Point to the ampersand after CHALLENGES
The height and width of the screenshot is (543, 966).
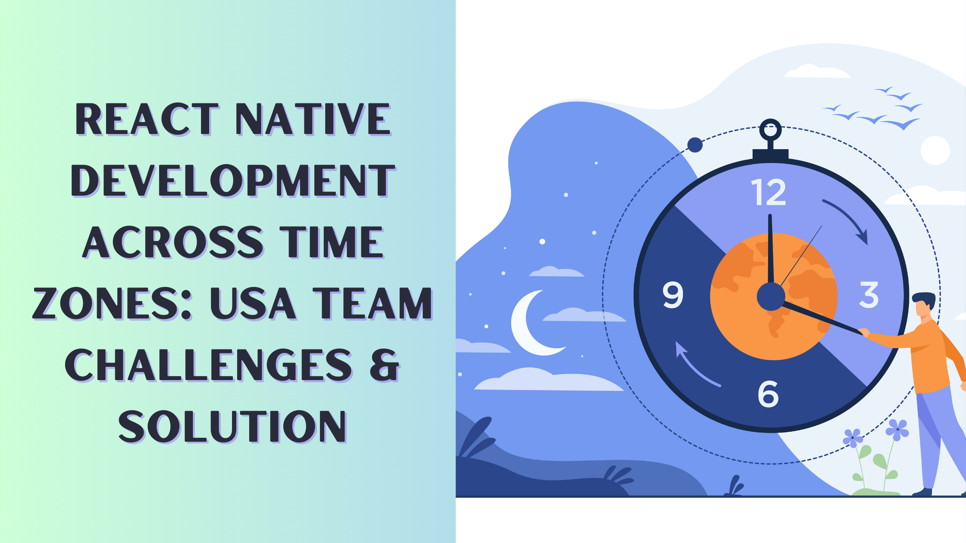pos(384,365)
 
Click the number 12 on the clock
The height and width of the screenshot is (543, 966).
pos(768,192)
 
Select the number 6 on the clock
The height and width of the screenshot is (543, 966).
pos(768,394)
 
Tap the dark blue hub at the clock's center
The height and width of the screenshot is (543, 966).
pos(771,296)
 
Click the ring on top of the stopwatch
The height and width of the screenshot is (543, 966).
pos(770,130)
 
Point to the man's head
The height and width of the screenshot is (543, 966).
pos(924,304)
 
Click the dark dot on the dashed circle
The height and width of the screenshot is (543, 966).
pos(695,145)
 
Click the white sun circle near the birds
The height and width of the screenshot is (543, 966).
pos(935,150)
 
